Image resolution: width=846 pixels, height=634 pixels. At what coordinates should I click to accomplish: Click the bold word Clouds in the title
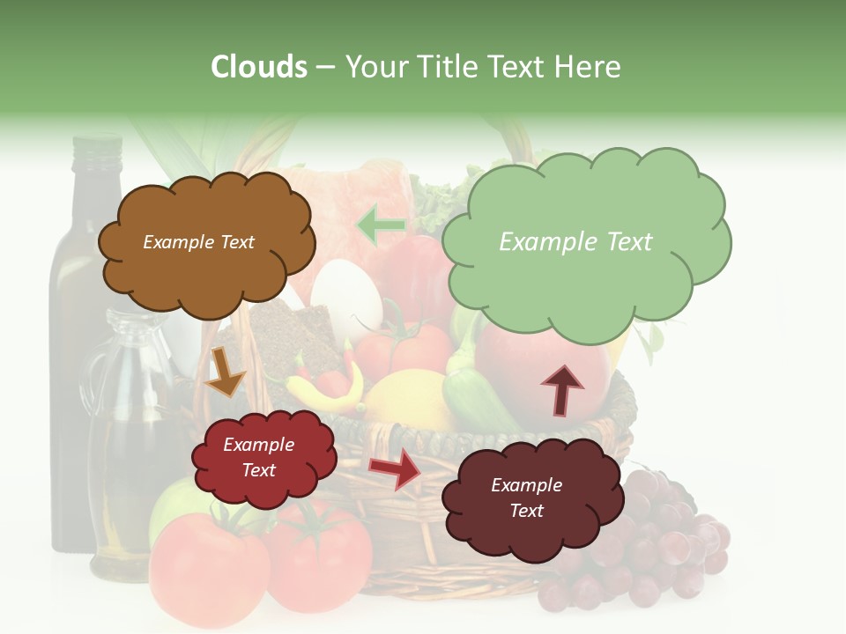[x=258, y=67]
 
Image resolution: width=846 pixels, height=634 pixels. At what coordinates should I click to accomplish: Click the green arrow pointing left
[x=381, y=225]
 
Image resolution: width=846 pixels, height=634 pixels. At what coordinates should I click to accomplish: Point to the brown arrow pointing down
[x=224, y=372]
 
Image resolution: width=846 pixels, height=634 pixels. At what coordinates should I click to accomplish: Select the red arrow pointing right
[x=395, y=468]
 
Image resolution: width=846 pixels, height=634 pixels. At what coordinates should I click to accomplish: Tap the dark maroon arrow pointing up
[x=561, y=390]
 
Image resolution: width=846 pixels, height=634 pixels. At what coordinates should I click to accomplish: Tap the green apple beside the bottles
[x=172, y=510]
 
